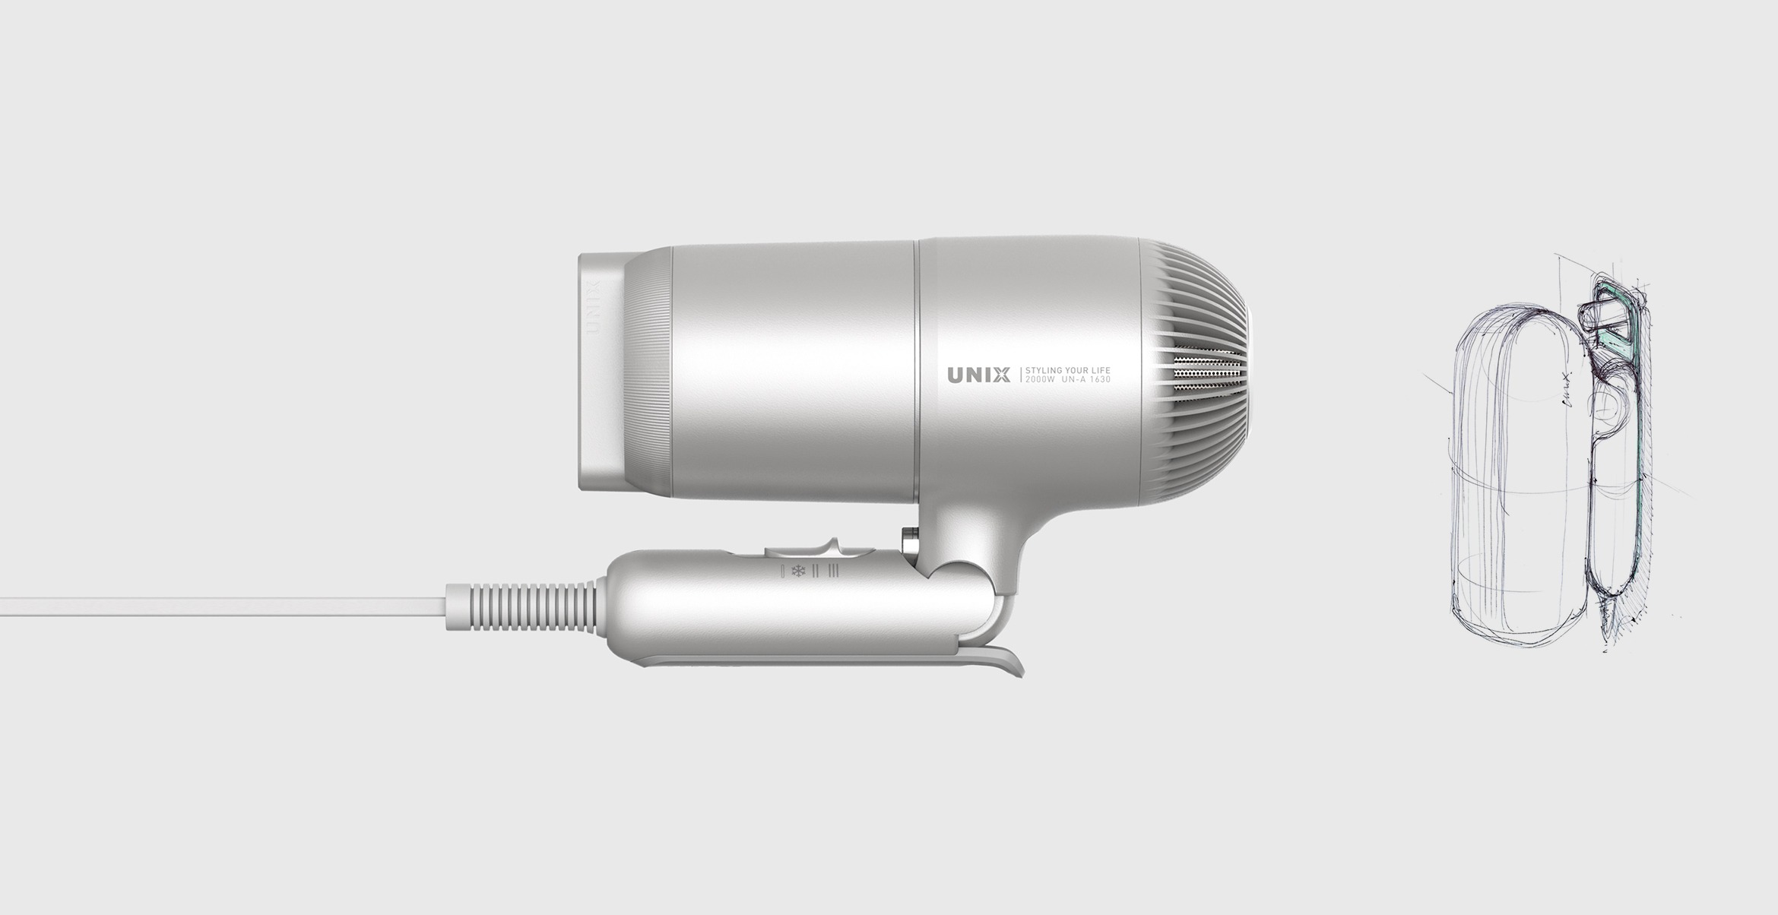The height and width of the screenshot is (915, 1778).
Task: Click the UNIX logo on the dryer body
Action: coord(978,375)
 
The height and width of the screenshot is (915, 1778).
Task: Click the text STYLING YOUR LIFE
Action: coord(1068,370)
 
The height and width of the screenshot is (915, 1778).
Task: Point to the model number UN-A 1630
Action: coord(1086,379)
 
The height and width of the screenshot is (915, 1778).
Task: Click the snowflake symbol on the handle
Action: coord(797,571)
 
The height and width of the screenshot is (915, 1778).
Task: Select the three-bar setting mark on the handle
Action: coord(832,571)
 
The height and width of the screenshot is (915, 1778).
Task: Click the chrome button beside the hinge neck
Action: coord(909,541)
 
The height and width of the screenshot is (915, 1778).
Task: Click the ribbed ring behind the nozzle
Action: coord(648,372)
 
